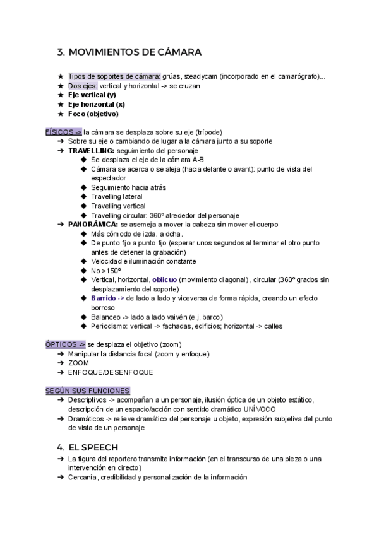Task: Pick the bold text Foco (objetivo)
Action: click(x=93, y=114)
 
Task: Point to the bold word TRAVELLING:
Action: click(x=92, y=151)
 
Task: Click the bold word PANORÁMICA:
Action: click(x=93, y=224)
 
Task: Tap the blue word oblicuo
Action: click(x=164, y=279)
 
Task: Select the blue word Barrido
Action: click(x=103, y=298)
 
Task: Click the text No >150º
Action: click(x=105, y=270)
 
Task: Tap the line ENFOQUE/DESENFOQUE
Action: click(x=111, y=372)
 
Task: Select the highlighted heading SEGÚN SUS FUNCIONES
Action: click(x=88, y=391)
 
